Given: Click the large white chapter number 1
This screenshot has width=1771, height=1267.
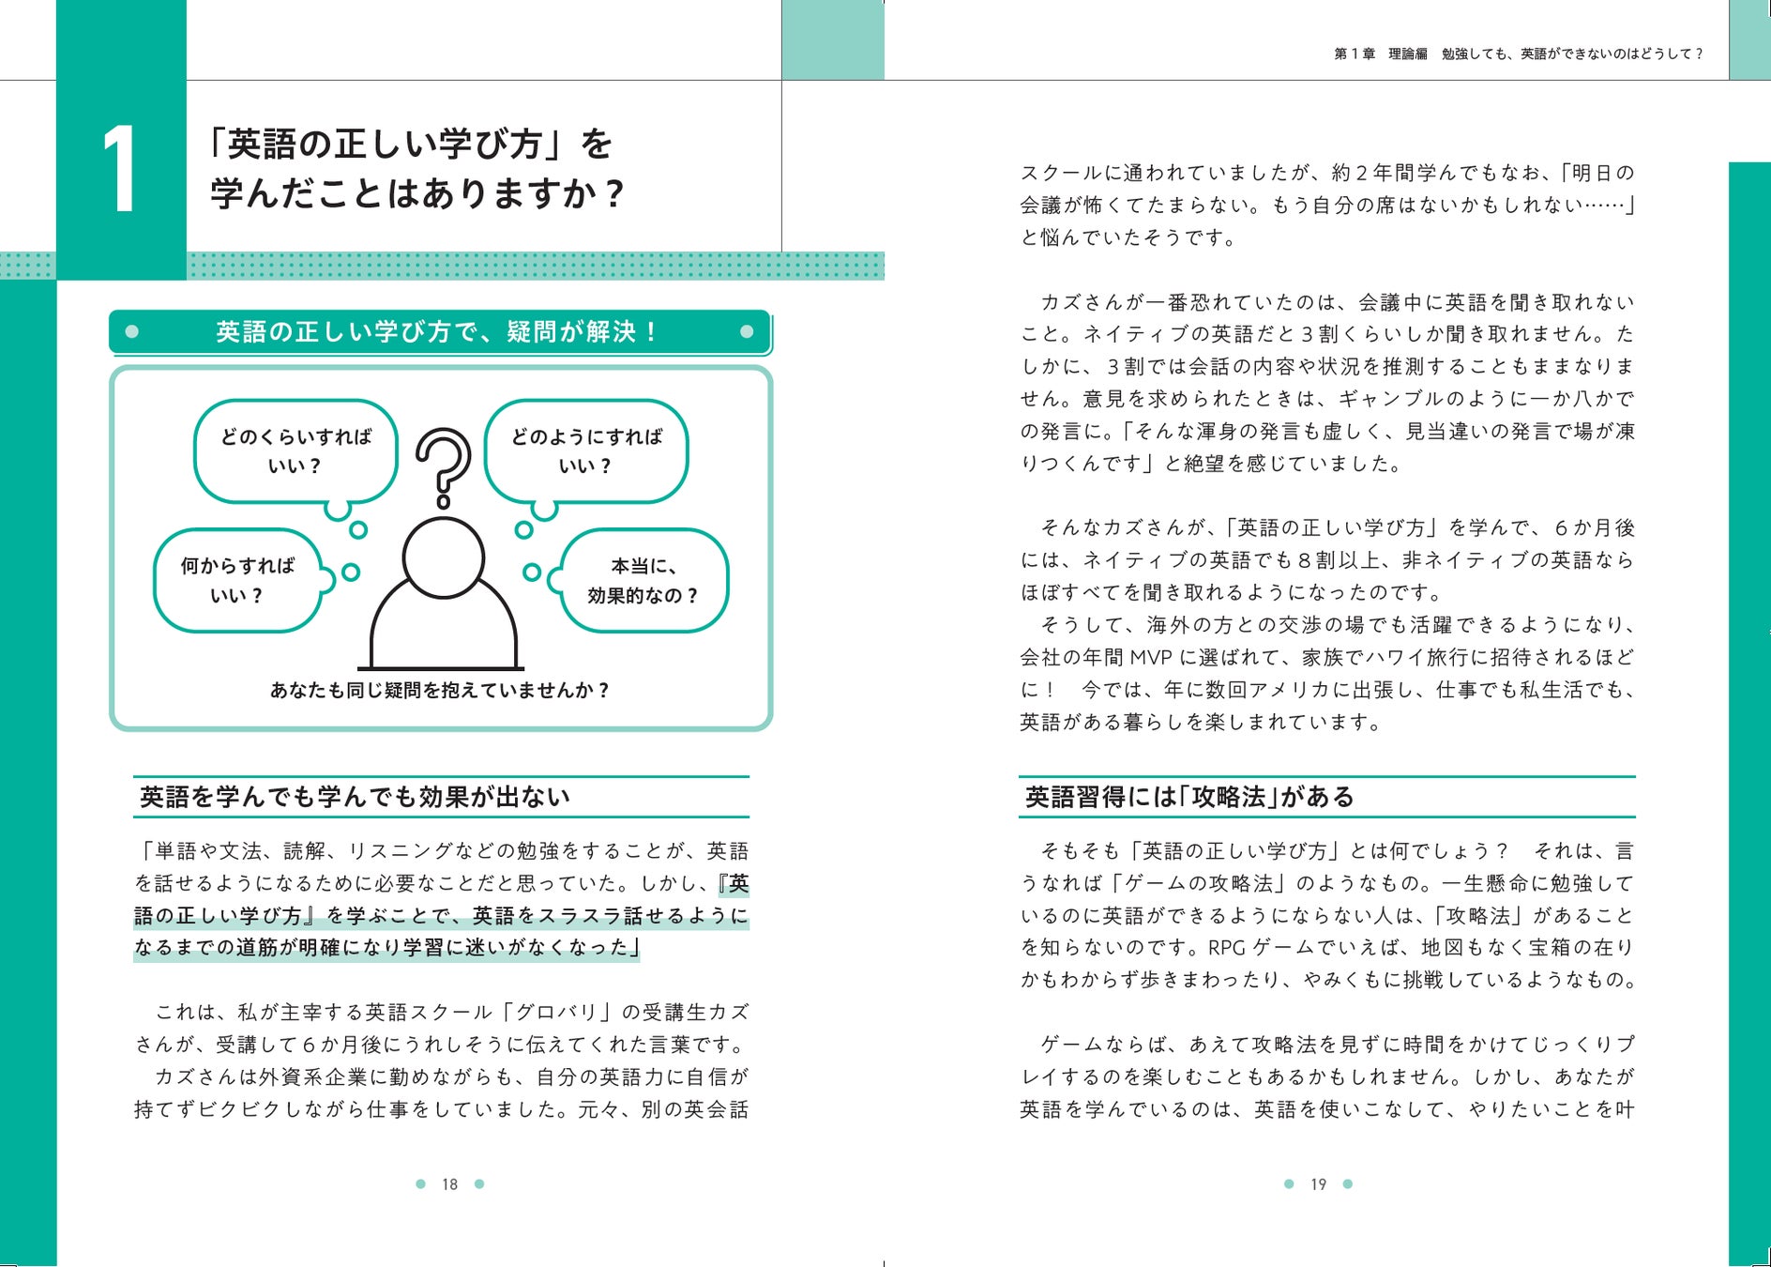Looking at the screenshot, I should [x=121, y=170].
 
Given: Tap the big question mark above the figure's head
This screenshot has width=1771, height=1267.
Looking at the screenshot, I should [x=443, y=464].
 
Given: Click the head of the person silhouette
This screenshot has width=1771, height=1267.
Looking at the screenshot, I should [x=443, y=557].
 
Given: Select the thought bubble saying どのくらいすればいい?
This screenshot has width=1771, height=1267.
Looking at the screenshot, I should [x=295, y=451].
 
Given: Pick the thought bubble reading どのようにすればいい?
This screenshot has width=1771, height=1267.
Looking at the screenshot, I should [x=586, y=451].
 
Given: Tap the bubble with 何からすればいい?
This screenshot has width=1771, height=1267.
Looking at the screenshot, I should [x=237, y=580].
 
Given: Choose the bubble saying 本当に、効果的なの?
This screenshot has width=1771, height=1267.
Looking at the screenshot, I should [x=643, y=580].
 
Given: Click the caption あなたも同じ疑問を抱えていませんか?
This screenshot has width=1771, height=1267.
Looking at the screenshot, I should [x=440, y=691].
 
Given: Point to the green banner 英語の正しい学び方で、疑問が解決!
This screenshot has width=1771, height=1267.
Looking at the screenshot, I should [x=439, y=332].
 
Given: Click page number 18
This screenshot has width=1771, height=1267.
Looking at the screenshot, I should [x=450, y=1184].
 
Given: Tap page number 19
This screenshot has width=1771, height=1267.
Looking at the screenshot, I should [x=1318, y=1184].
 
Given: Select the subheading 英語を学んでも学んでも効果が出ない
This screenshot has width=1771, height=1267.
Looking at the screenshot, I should [x=355, y=797].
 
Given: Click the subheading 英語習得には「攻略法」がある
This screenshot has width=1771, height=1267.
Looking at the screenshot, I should [x=1189, y=797].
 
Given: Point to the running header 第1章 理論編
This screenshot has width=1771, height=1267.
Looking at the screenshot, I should [x=1381, y=54].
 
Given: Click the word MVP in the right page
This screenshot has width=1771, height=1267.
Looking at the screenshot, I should [x=1151, y=658].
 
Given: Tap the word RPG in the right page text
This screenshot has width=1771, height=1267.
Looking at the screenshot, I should [x=1226, y=948].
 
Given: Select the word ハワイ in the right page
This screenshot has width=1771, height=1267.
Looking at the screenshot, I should [x=1393, y=658].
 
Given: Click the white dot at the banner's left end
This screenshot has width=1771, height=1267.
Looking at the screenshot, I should [x=132, y=331].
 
